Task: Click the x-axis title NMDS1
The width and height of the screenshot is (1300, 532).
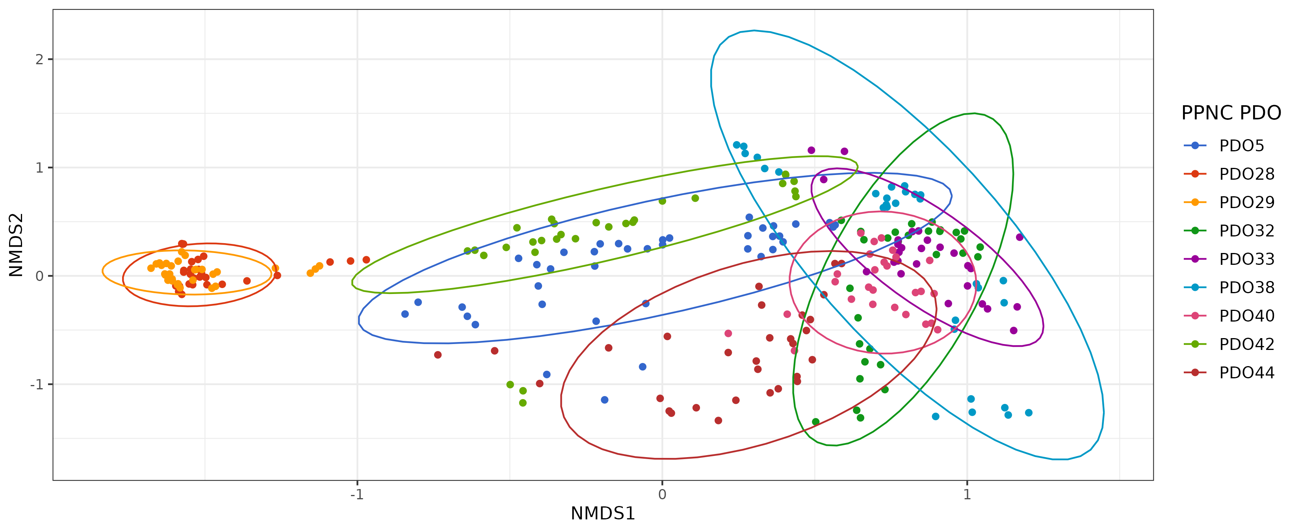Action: coord(603,513)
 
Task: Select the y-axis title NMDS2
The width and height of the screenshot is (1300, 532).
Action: coord(16,245)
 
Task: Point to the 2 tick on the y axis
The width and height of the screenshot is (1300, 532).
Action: coord(39,60)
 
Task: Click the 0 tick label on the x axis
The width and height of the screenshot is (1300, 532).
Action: coord(662,495)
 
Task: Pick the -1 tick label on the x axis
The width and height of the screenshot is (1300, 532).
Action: coord(357,495)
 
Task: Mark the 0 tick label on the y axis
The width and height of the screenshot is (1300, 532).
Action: coord(39,276)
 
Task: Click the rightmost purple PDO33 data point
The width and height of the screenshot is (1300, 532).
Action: coord(1020,237)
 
